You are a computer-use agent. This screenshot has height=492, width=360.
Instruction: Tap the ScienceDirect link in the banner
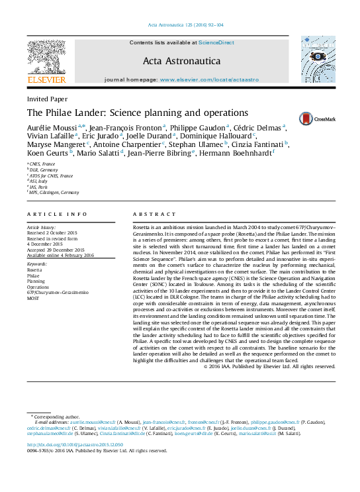(x=216, y=42)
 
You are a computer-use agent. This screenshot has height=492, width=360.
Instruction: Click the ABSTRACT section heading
(x=155, y=215)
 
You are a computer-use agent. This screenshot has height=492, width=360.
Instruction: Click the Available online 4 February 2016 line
(x=60, y=255)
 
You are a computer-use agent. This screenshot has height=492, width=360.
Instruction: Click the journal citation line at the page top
(x=179, y=26)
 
